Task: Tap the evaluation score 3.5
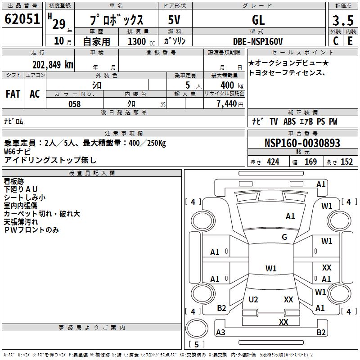[x=343, y=21]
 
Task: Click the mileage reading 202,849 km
[x=53, y=64]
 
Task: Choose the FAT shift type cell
[x=13, y=94]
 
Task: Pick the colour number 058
[x=74, y=104]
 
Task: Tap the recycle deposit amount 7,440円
[x=229, y=104]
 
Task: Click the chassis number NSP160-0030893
[x=302, y=143]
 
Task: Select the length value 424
[x=273, y=162]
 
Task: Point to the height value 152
[x=346, y=162]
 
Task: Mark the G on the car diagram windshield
[x=284, y=237]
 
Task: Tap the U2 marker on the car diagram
[x=253, y=300]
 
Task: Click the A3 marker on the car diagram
[x=220, y=333]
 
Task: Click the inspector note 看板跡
[x=14, y=181]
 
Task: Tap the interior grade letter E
[x=350, y=41]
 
